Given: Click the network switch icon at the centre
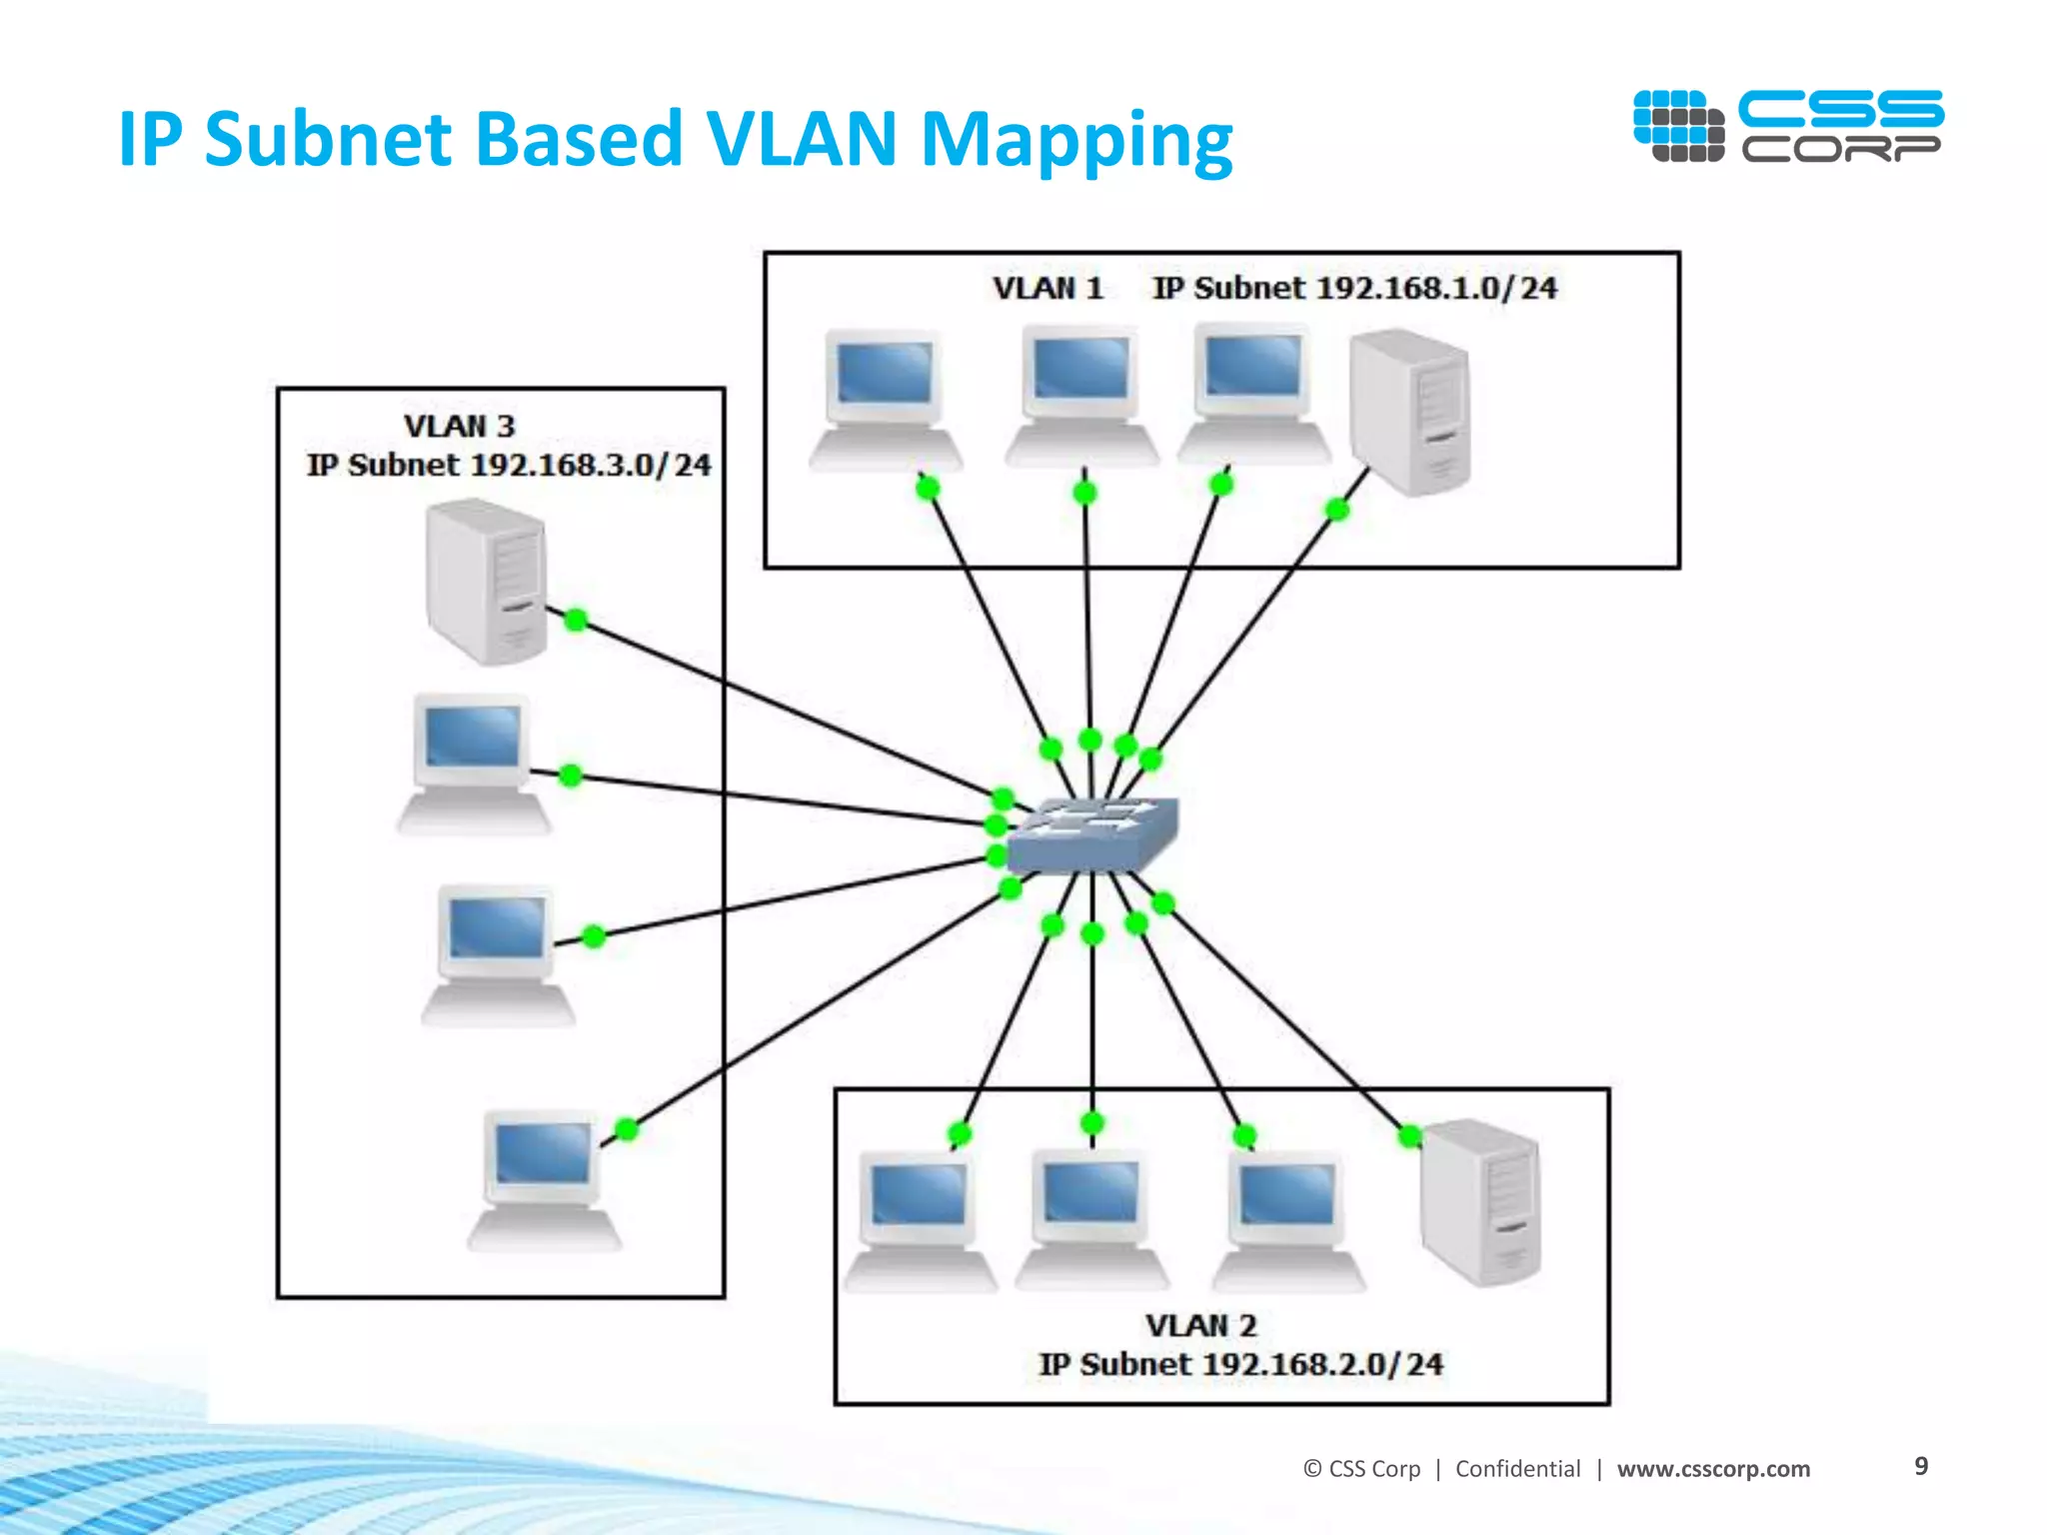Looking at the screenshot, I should [x=1092, y=835].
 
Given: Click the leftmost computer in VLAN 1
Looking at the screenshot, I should [x=885, y=400].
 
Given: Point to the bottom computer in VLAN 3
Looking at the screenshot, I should [x=544, y=1179].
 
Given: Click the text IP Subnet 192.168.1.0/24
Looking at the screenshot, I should [x=1354, y=289].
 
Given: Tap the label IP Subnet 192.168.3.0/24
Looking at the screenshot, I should [x=509, y=466].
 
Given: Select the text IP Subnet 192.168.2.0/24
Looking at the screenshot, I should [x=1240, y=1365].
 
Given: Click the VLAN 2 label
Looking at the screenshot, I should [x=1200, y=1326].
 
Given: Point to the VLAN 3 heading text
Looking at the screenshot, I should [x=459, y=427].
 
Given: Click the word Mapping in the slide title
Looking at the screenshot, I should [x=1076, y=140].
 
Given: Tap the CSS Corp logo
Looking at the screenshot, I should [x=1787, y=126].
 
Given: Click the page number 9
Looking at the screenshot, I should [x=1920, y=1466].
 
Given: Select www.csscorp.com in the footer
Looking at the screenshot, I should [x=1713, y=1469].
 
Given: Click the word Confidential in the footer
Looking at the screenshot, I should [x=1517, y=1469].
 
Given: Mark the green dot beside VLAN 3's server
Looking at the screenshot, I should [x=576, y=620].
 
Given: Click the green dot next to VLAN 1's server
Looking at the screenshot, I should [x=1337, y=510].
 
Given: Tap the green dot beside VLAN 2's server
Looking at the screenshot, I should [x=1409, y=1136].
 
